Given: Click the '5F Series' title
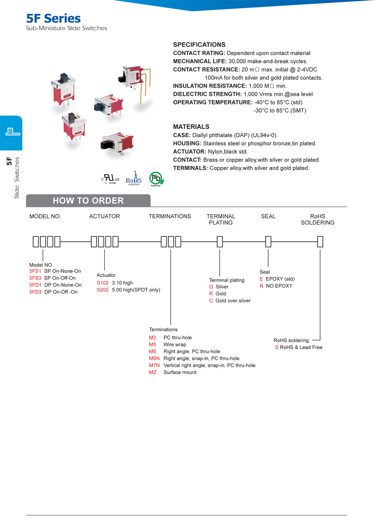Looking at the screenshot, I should pyautogui.click(x=53, y=18).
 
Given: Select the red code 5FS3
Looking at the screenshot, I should pyautogui.click(x=35, y=278).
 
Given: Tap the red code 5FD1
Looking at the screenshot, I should pyautogui.click(x=35, y=285).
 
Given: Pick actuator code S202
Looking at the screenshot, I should pyautogui.click(x=103, y=290).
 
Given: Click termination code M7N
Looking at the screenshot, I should pyautogui.click(x=154, y=365).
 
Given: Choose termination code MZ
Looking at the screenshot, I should pyautogui.click(x=153, y=372).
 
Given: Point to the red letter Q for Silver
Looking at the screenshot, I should pyautogui.click(x=211, y=287).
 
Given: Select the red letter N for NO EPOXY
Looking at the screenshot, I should pyautogui.click(x=261, y=286).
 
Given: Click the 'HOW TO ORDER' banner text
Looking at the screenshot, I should pyautogui.click(x=88, y=201).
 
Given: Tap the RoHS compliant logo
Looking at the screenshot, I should pyautogui.click(x=133, y=179).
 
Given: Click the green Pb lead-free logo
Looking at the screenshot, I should pyautogui.click(x=156, y=179).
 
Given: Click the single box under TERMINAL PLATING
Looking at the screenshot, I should pyautogui.click(x=220, y=242).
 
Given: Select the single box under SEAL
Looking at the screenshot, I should pyautogui.click(x=268, y=242).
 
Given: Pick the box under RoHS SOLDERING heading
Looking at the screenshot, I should pyautogui.click(x=320, y=242).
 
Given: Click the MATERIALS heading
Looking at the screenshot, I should pyautogui.click(x=191, y=127).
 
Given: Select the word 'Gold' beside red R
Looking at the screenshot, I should pyautogui.click(x=221, y=294).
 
